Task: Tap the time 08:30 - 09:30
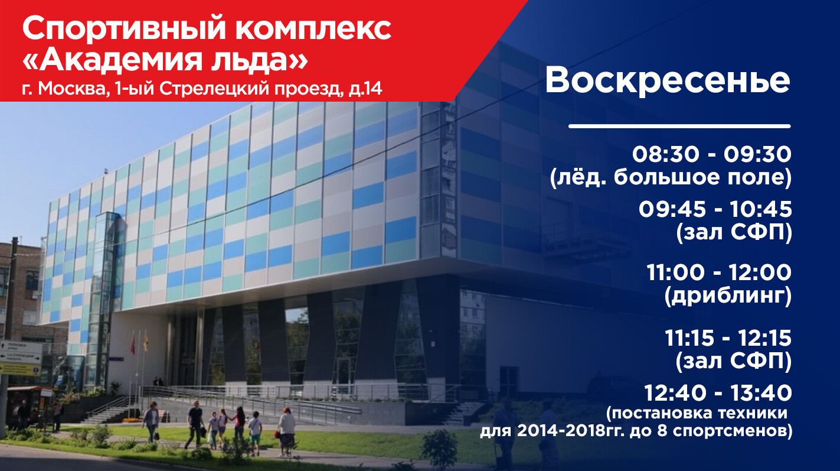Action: [x=712, y=154]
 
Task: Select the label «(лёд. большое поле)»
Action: [x=671, y=177]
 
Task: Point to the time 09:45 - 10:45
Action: [x=715, y=209]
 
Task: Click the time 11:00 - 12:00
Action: [x=719, y=272]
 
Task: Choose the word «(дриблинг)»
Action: [x=728, y=295]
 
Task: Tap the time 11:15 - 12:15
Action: [x=728, y=338]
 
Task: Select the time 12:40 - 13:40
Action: [x=718, y=393]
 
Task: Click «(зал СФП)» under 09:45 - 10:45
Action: [x=734, y=233]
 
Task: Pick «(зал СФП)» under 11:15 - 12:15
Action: [x=734, y=361]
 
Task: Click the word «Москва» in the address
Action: [x=74, y=89]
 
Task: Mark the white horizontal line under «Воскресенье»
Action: [x=679, y=126]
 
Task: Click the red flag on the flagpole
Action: [x=133, y=343]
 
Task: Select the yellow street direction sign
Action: [x=20, y=369]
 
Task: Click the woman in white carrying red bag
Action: [x=287, y=431]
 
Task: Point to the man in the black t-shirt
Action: [x=195, y=425]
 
